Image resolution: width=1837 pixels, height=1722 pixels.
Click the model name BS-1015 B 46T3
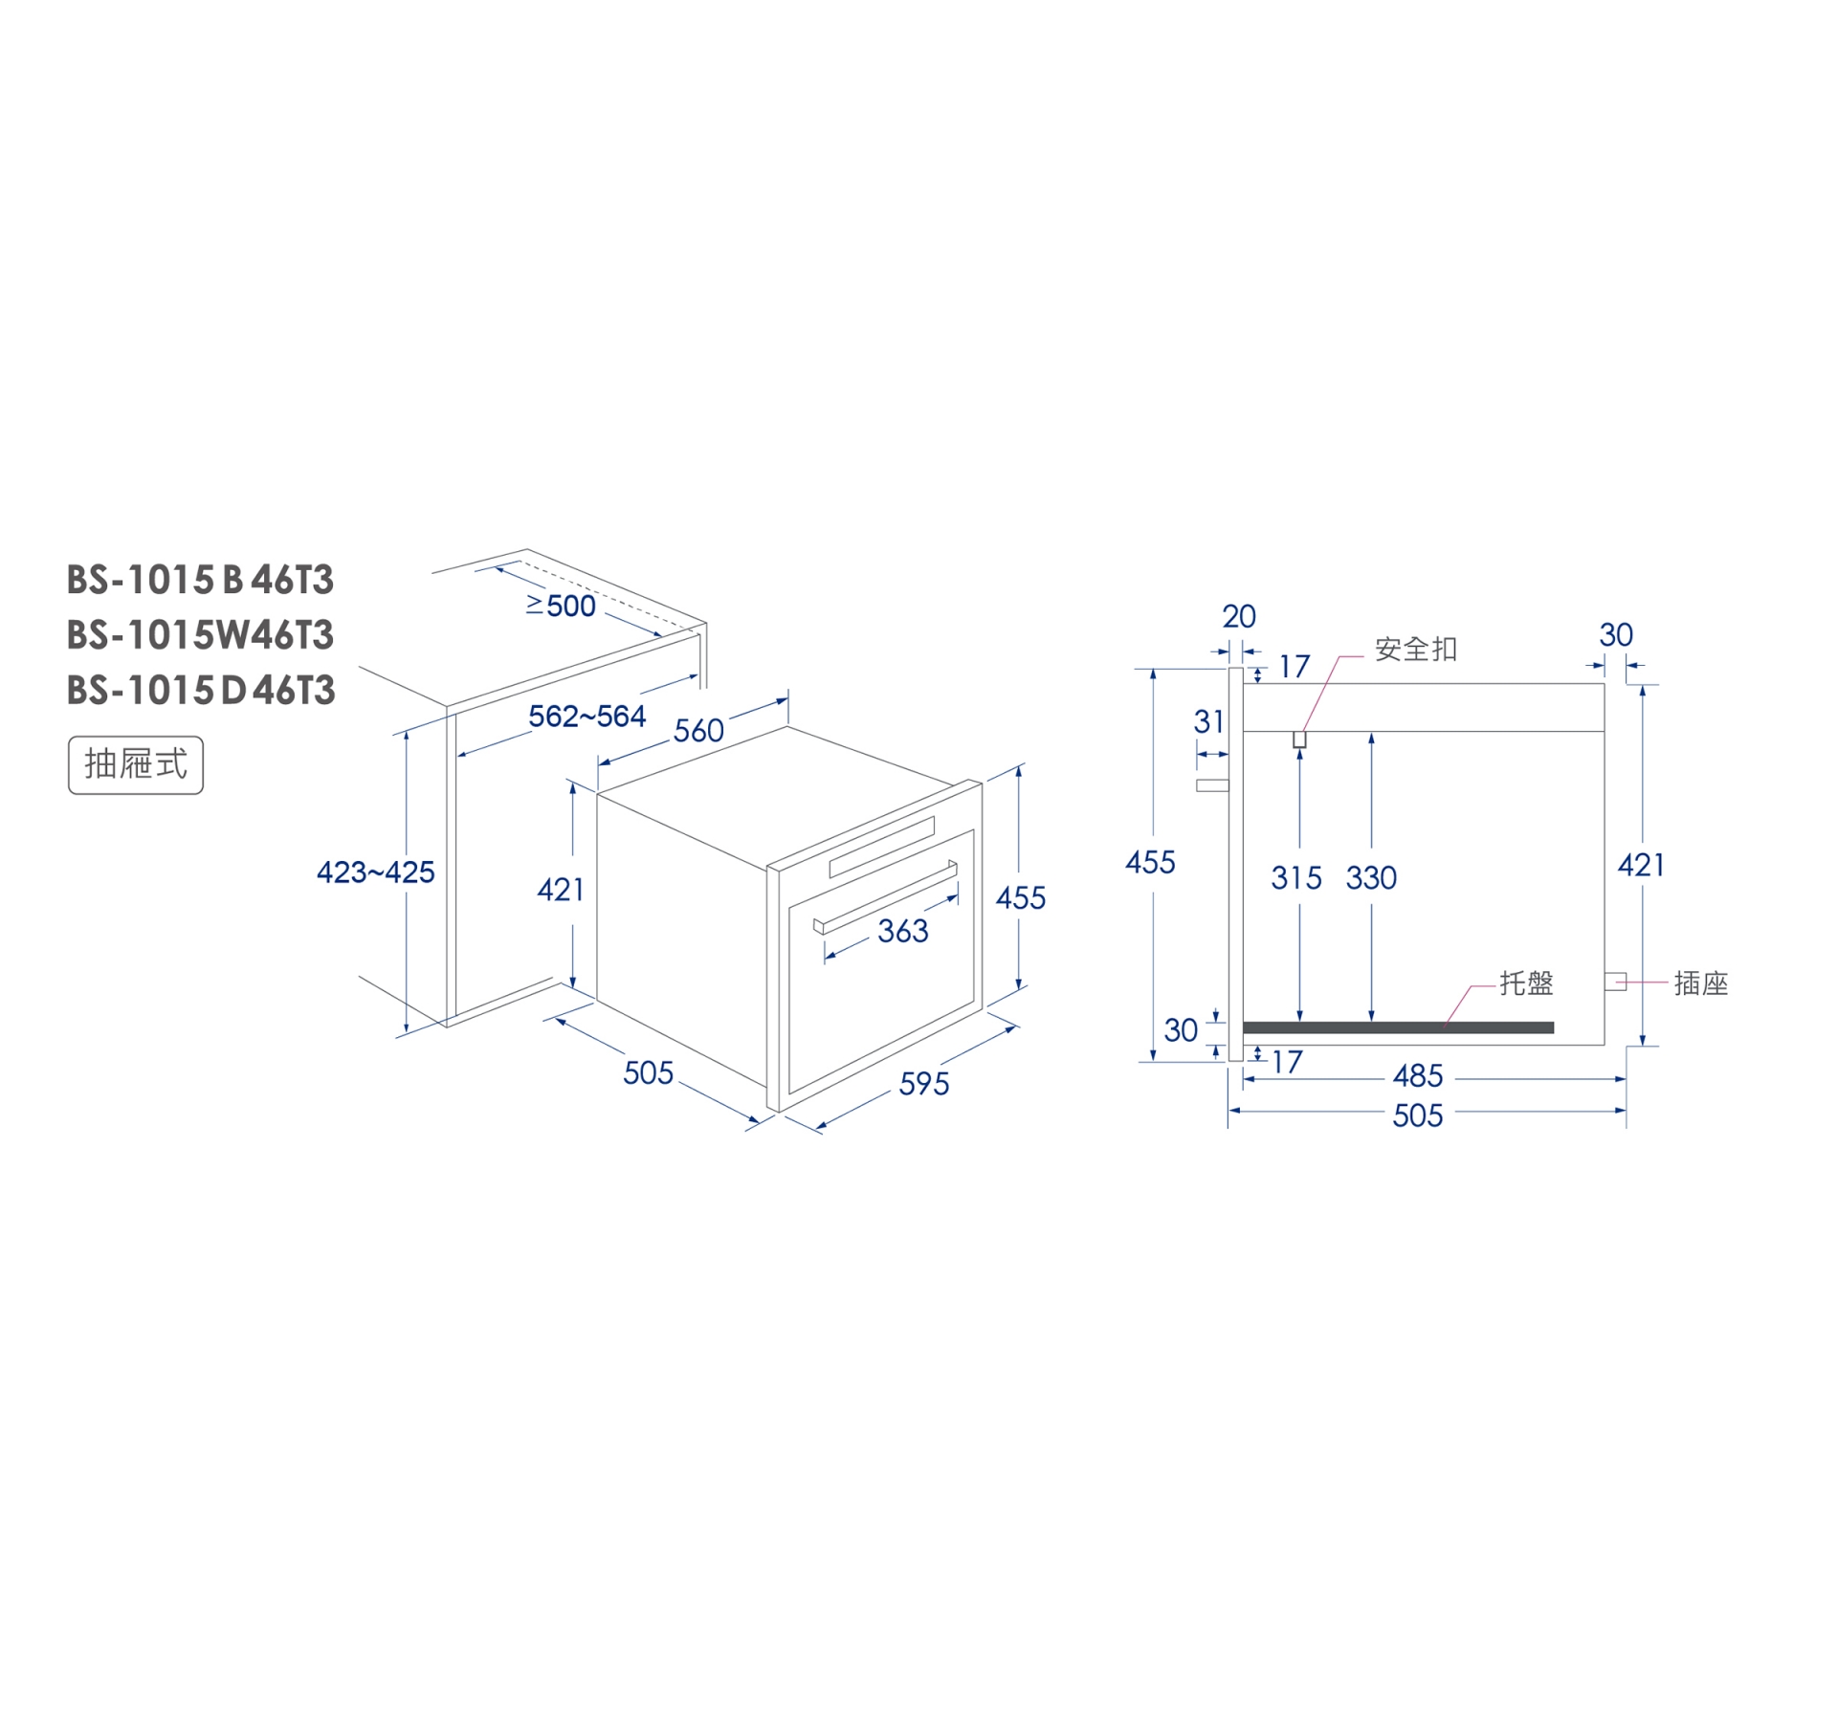click(200, 580)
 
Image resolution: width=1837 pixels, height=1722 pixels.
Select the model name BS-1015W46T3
click(200, 635)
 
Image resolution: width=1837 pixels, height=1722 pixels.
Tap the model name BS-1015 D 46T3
click(201, 691)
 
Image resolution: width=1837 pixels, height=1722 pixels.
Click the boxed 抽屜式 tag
click(136, 764)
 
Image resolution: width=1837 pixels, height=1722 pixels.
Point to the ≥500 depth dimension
click(561, 606)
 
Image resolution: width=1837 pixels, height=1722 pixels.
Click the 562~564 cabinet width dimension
click(587, 716)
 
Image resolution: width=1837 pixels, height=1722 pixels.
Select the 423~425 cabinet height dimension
click(376, 872)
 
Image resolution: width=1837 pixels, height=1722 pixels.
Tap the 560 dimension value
click(698, 731)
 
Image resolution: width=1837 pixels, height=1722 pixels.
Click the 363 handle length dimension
click(903, 931)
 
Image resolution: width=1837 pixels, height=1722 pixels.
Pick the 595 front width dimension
click(924, 1084)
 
